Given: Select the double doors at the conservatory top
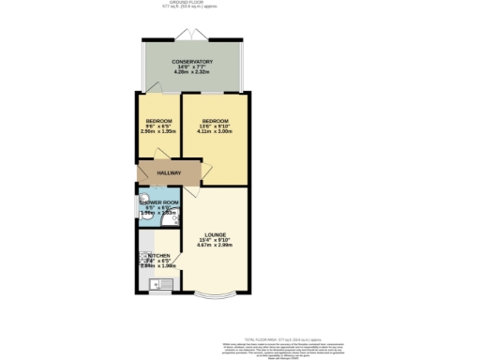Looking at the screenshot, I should pyautogui.click(x=197, y=35).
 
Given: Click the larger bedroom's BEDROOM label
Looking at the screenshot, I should pyautogui.click(x=216, y=121).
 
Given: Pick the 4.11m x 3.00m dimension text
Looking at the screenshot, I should pyautogui.click(x=216, y=132).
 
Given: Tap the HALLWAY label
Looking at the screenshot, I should pyautogui.click(x=168, y=173).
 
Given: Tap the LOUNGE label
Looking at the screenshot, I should pyautogui.click(x=216, y=234).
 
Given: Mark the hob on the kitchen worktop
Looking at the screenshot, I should pyautogui.click(x=143, y=257).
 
